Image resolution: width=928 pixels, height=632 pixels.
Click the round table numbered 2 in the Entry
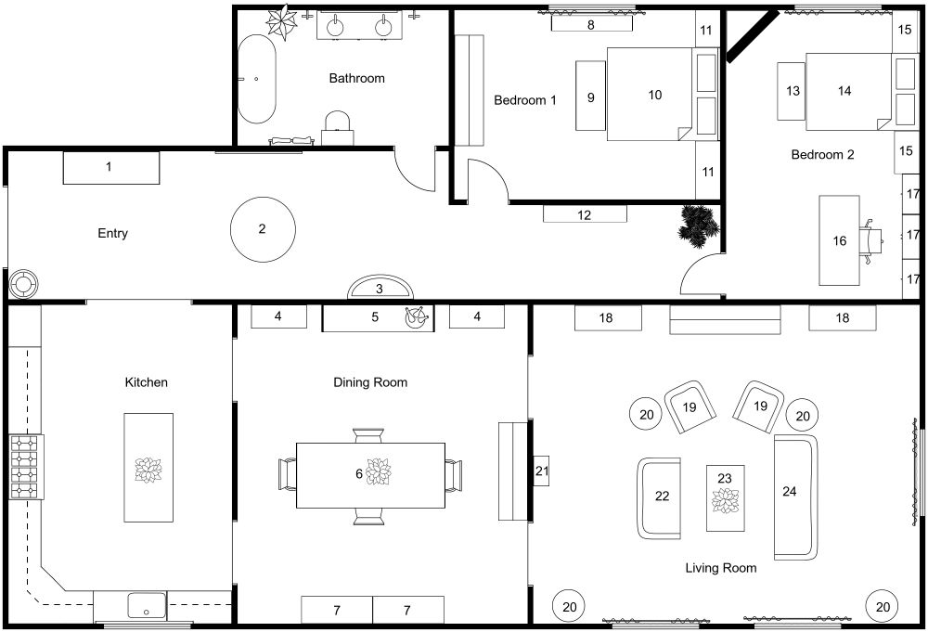pos(263,228)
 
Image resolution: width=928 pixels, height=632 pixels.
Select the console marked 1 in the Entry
pos(110,168)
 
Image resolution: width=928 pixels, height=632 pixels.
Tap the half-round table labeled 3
pos(379,289)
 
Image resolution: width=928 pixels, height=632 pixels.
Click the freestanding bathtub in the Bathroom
pos(257,80)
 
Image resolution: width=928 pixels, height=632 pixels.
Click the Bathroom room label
pos(356,78)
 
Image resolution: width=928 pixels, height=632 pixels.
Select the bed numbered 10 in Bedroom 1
pos(650,95)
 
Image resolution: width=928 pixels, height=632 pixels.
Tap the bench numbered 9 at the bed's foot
pos(591,96)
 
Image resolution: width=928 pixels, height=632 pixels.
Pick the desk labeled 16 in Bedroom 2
pos(840,240)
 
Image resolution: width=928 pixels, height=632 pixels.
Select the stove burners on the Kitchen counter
pos(26,467)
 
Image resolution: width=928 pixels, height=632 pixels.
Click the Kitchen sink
pos(146,607)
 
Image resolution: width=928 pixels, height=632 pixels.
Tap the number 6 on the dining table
pos(359,473)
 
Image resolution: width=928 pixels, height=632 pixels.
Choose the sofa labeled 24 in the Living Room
pos(795,497)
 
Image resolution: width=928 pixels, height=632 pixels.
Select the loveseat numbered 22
pos(660,497)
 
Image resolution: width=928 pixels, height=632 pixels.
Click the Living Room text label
pos(720,568)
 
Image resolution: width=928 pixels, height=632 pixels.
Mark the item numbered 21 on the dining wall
pos(542,472)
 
